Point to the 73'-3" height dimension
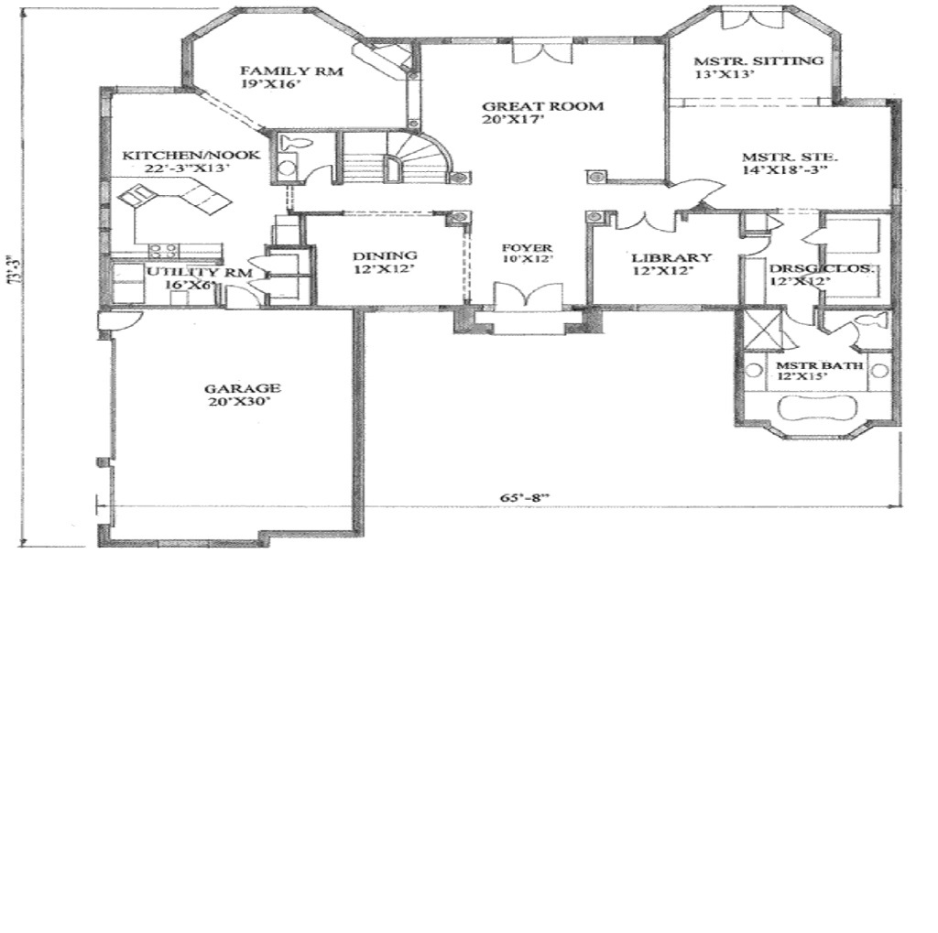tap(12, 272)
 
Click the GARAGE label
tap(242, 388)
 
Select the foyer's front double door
tap(527, 298)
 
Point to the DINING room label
tap(386, 255)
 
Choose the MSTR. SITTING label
tap(759, 61)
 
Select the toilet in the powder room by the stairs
tap(296, 144)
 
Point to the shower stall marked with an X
tap(762, 327)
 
